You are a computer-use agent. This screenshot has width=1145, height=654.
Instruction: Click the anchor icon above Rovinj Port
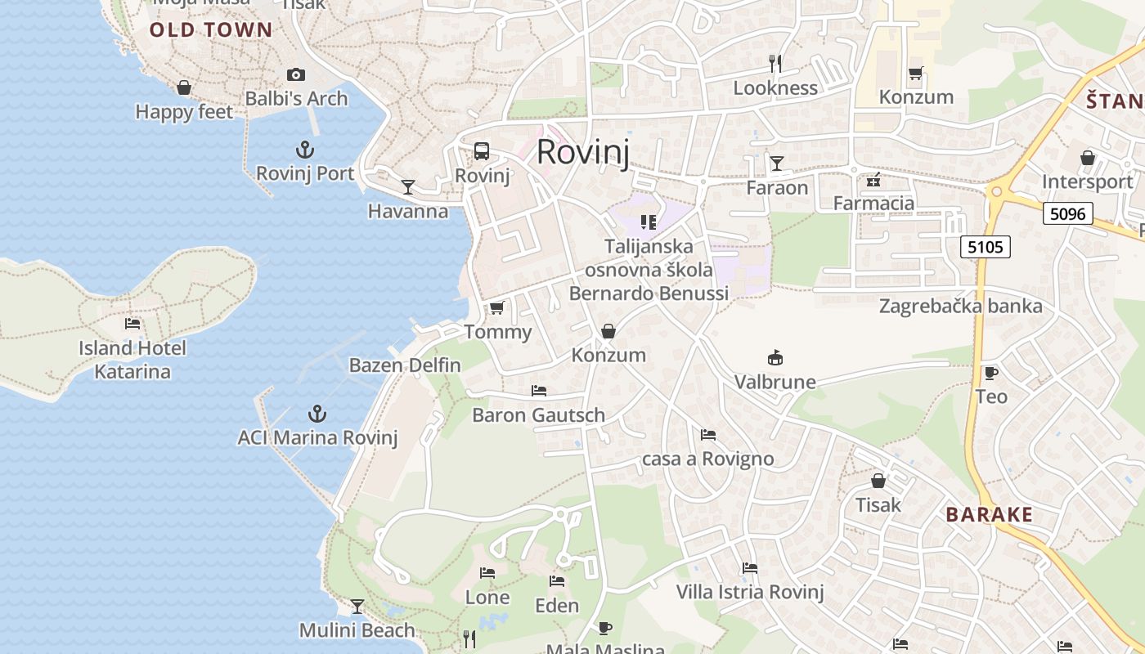(x=304, y=150)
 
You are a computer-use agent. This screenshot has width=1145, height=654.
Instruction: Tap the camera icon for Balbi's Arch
(x=296, y=75)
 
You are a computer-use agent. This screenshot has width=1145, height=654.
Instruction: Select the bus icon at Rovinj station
(x=482, y=151)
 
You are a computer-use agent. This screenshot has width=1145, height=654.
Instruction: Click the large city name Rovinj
(x=583, y=153)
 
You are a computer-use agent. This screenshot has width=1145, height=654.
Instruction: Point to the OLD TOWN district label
(x=211, y=31)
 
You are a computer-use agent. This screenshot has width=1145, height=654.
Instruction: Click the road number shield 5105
(x=986, y=247)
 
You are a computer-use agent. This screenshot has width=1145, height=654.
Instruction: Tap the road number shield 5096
(x=1068, y=214)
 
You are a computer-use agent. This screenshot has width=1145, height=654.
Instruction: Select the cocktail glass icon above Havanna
(x=407, y=187)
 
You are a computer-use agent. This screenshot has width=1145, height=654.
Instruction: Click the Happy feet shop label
(x=184, y=112)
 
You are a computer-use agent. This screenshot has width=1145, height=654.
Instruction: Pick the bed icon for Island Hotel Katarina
(x=132, y=324)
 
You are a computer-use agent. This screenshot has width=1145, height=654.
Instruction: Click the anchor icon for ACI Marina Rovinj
(x=317, y=414)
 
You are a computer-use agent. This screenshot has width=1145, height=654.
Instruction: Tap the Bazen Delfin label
(x=405, y=365)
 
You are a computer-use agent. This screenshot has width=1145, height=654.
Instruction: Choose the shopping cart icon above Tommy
(x=496, y=308)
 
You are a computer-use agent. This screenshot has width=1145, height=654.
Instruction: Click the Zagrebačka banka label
(x=960, y=307)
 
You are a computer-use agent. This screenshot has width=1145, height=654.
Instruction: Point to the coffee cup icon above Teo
(x=990, y=374)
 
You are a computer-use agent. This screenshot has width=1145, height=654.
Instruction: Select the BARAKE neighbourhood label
(x=989, y=515)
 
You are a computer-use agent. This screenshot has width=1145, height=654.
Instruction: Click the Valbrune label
(x=775, y=382)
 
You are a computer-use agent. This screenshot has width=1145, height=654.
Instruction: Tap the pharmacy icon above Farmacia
(x=873, y=179)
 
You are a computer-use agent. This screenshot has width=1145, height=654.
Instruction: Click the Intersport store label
(x=1087, y=181)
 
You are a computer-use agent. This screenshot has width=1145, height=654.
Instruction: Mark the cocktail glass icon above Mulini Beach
(x=357, y=606)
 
